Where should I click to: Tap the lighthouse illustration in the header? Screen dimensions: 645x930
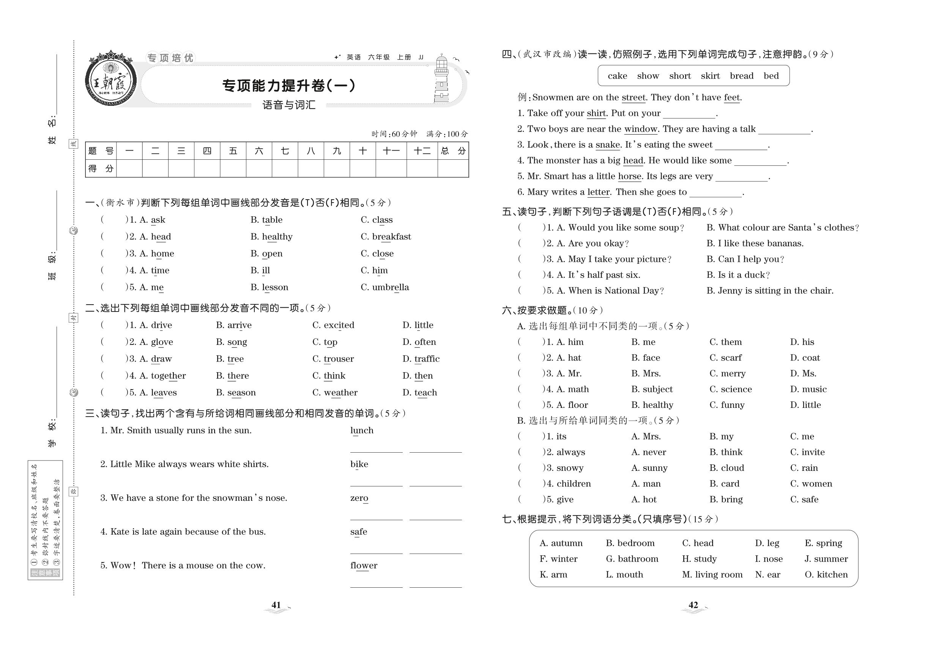pos(441,79)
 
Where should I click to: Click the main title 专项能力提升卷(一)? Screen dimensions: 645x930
pos(289,86)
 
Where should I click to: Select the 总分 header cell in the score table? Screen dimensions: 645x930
pos(453,151)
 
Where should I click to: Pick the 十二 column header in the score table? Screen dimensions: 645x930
pos(422,151)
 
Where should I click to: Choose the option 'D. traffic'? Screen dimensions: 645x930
pos(421,359)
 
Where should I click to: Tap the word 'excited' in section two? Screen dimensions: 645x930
pos(339,325)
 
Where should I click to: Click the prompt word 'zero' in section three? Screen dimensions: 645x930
pos(359,498)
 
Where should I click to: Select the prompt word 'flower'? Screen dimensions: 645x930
pos(364,565)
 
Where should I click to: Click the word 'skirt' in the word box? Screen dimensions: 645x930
pos(710,76)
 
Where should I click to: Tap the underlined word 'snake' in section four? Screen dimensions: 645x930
pos(608,145)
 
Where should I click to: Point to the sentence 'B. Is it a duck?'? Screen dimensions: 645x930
pos(738,275)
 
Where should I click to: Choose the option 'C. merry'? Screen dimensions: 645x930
pos(727,373)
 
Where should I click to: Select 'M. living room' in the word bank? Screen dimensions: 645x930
pos(712,575)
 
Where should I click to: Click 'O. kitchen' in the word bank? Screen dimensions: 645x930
pos(826,575)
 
